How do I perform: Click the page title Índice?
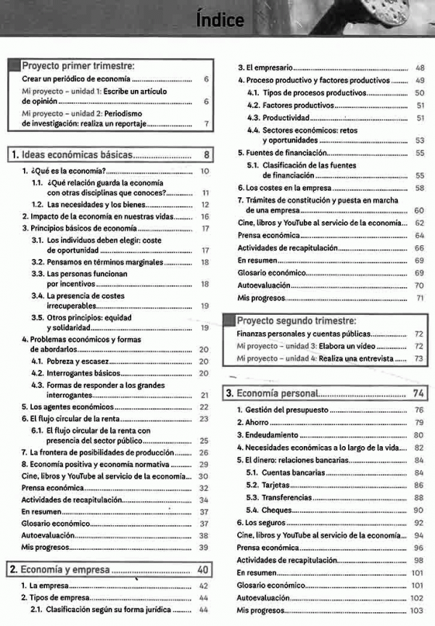click(x=220, y=20)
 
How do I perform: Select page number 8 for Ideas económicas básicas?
click(x=206, y=155)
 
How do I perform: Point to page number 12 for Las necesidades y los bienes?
click(x=205, y=205)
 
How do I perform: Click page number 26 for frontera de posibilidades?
click(x=204, y=453)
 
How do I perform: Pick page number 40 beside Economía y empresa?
click(x=204, y=569)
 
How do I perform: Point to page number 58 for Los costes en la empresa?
click(x=419, y=188)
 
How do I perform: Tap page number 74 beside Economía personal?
click(x=418, y=393)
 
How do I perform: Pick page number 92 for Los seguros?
click(x=418, y=522)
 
